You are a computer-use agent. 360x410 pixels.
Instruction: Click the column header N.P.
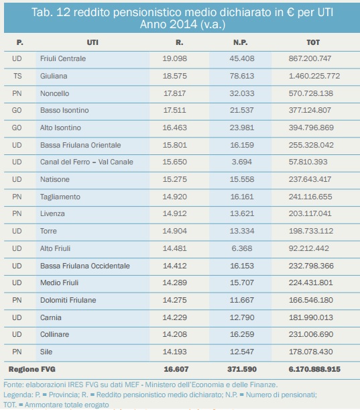(241, 42)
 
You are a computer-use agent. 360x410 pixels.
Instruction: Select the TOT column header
(313, 42)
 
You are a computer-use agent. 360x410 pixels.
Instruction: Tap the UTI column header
(93, 42)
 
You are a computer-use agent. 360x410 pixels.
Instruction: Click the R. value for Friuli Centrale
(174, 58)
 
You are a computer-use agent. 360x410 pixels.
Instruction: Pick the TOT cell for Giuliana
(314, 76)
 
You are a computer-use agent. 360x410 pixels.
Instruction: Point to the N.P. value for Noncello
(242, 93)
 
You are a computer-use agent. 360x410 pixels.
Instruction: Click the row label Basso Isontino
(64, 110)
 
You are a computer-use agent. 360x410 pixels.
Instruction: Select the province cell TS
(17, 76)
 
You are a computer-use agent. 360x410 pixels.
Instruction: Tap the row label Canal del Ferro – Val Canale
(86, 162)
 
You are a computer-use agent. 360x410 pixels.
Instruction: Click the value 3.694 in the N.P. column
(242, 162)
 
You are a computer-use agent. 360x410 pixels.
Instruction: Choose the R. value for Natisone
(174, 179)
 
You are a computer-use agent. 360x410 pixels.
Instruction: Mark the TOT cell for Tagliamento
(310, 197)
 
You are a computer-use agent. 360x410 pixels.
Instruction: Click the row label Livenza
(52, 213)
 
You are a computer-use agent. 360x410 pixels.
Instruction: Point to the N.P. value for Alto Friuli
(242, 248)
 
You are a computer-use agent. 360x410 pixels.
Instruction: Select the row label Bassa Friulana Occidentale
(85, 266)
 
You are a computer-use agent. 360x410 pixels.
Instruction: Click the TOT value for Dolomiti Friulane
(311, 300)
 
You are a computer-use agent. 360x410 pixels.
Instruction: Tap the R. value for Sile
(174, 352)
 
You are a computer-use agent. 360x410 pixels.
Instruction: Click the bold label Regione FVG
(32, 369)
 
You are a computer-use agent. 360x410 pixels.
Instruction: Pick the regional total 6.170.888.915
(314, 369)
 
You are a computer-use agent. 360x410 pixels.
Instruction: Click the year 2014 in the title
(183, 24)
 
